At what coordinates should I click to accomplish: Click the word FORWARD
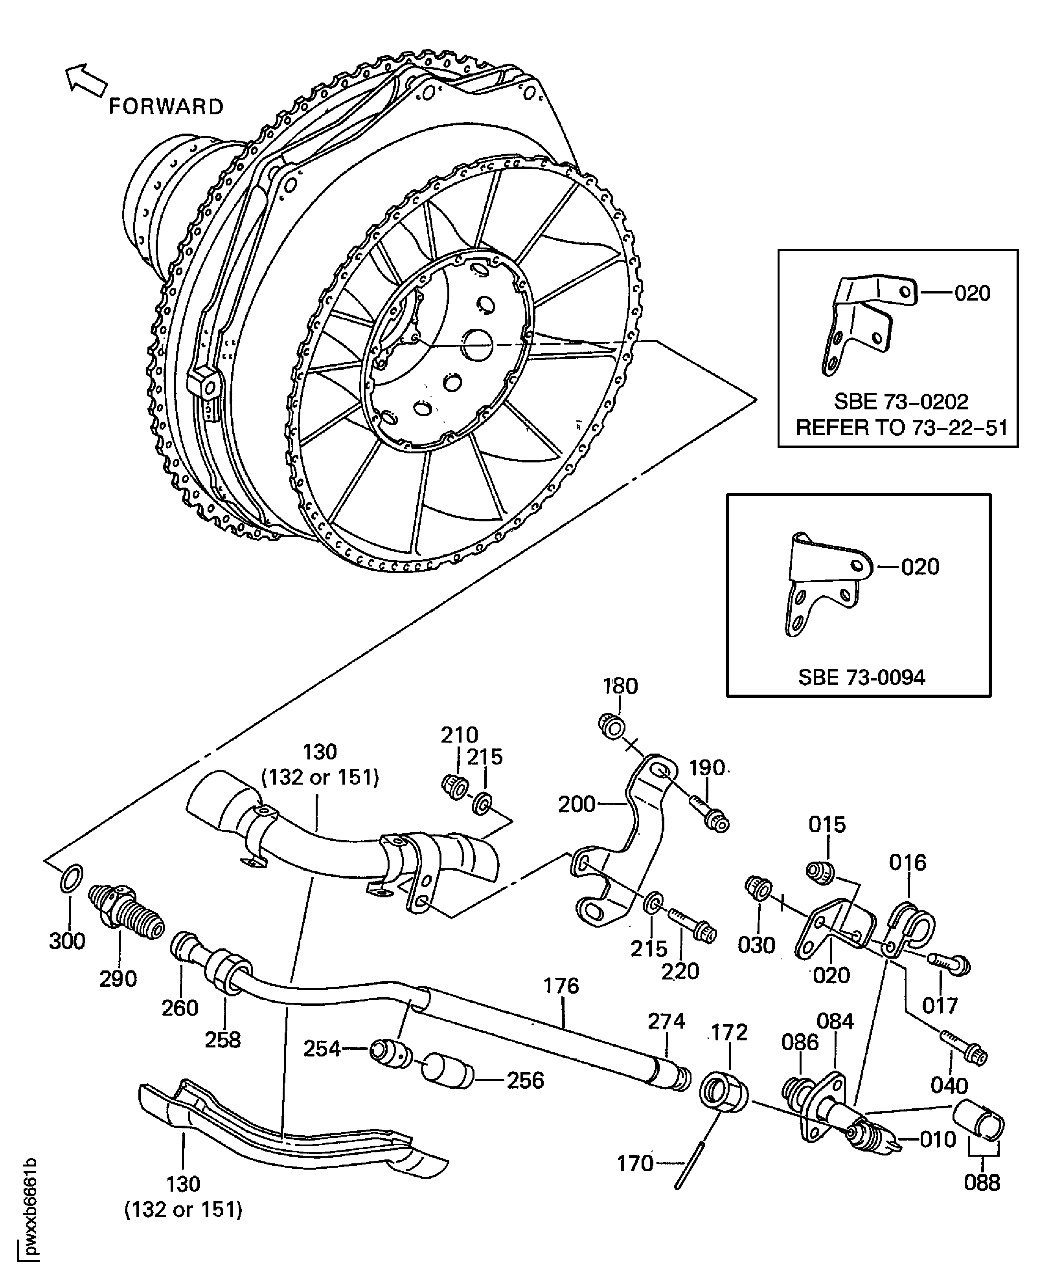click(166, 106)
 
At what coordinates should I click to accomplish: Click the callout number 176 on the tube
click(561, 985)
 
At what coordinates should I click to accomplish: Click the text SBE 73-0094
click(861, 677)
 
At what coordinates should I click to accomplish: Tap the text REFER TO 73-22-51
click(901, 428)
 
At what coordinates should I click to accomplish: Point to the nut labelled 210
click(455, 787)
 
